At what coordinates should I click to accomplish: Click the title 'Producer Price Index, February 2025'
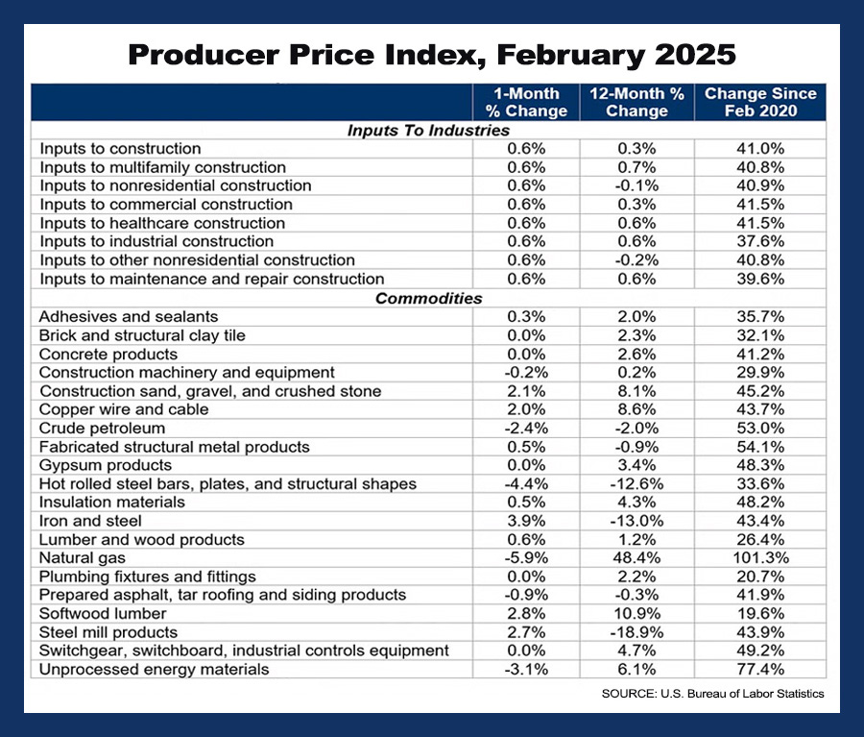point(432,54)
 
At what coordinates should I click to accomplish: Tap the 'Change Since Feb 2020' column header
point(760,103)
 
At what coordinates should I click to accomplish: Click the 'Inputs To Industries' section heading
point(428,131)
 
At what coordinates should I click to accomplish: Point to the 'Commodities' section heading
point(428,298)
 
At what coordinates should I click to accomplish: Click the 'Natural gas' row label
point(83,557)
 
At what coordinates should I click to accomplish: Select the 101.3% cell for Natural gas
point(760,557)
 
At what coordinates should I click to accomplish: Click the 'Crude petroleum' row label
point(102,428)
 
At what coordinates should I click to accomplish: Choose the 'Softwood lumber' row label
point(103,613)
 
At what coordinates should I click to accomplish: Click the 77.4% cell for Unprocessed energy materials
point(760,670)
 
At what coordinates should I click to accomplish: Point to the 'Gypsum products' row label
point(106,465)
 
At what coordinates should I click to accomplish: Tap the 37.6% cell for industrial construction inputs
point(760,241)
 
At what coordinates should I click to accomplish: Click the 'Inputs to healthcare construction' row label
point(148,223)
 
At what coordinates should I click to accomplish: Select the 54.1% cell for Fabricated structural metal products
point(760,447)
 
